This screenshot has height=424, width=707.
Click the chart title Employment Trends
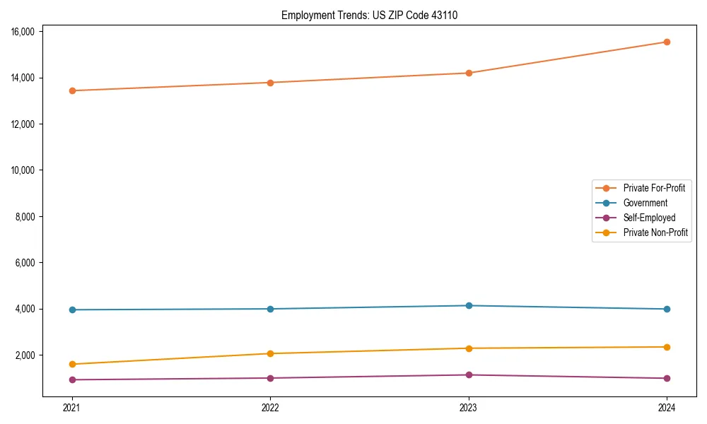coord(369,15)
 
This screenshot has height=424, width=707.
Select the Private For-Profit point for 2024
coord(667,42)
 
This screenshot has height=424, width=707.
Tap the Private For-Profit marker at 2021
coord(72,90)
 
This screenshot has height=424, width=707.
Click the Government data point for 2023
coord(469,305)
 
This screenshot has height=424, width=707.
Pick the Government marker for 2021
coord(72,310)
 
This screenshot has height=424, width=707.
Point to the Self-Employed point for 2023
coord(469,375)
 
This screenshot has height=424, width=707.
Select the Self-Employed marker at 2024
coord(667,378)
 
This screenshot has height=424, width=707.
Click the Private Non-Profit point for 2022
coord(270,353)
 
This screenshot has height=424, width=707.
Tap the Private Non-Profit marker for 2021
coord(72,364)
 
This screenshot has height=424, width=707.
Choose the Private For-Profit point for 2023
coord(469,73)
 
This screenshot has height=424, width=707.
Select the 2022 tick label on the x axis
coord(270,407)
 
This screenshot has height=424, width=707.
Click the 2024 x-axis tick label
coord(667,407)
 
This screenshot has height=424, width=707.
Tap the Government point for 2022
coord(270,309)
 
